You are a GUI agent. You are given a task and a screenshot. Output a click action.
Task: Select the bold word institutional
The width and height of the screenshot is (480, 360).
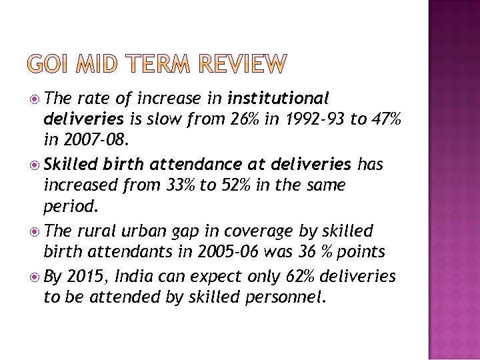pos(279,99)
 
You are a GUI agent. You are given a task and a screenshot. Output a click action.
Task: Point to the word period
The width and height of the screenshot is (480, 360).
pos(71,207)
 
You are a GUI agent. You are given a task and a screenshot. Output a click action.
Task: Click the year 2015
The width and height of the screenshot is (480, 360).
pos(91,275)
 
